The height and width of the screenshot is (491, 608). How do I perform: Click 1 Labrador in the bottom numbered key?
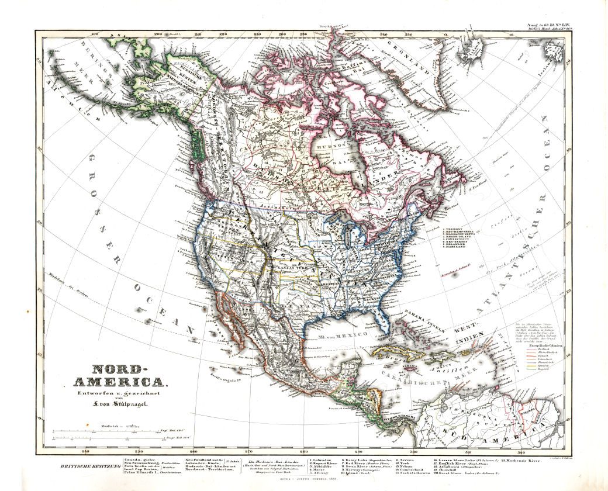(x=319, y=461)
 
